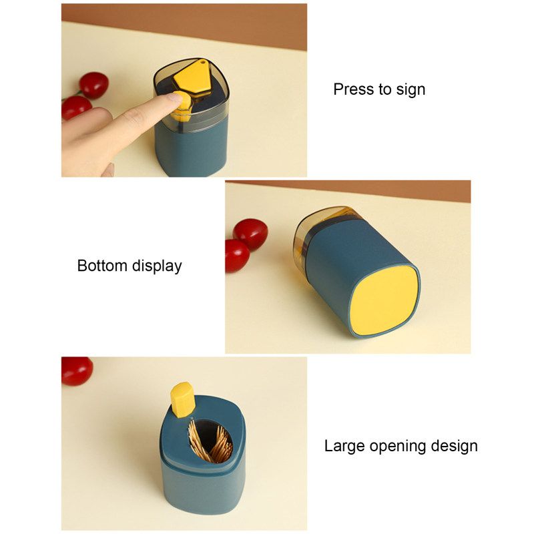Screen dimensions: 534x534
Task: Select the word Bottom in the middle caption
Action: point(102,266)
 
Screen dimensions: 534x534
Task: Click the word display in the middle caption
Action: point(157,266)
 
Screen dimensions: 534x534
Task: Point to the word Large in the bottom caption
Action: point(344,447)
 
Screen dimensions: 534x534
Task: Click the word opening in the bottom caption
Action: point(398,447)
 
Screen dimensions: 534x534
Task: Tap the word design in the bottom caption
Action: point(454,447)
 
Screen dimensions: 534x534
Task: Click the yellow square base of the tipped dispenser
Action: point(384,300)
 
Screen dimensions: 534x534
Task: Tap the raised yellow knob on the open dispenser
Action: point(182,399)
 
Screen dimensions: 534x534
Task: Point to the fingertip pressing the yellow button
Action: point(175,98)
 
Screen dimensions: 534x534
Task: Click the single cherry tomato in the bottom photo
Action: point(76,370)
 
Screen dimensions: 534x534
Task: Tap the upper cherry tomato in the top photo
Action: point(93,85)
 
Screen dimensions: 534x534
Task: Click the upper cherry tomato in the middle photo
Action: point(250,234)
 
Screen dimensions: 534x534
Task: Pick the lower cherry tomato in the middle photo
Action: point(237,256)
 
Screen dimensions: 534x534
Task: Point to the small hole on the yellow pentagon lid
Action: point(203,62)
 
